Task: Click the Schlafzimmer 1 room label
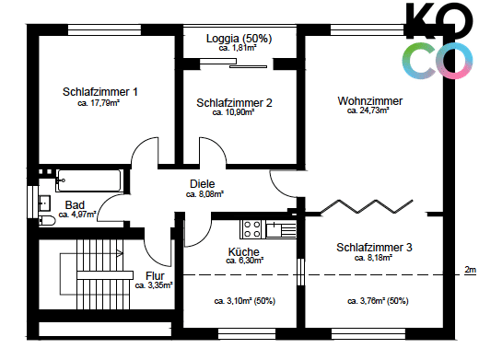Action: click(x=99, y=92)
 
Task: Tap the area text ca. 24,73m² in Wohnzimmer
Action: click(x=368, y=110)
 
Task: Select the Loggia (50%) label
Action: click(x=239, y=39)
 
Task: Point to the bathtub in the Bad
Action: click(x=89, y=180)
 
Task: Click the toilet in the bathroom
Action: click(x=47, y=220)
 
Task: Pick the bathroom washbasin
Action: click(x=45, y=203)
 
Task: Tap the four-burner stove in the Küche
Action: click(x=252, y=229)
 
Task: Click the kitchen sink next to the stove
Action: click(x=281, y=229)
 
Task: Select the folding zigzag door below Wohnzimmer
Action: click(x=367, y=206)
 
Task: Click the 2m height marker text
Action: click(x=470, y=270)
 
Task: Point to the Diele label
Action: click(x=203, y=184)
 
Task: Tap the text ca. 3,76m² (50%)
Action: click(x=378, y=301)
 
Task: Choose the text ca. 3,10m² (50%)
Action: click(x=245, y=301)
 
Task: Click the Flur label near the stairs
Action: click(x=155, y=275)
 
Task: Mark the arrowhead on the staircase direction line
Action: click(x=120, y=253)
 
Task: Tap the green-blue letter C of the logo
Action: click(x=419, y=61)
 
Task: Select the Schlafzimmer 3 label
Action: click(x=374, y=248)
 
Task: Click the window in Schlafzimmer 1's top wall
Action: click(x=104, y=30)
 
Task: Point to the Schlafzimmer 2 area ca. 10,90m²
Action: click(x=233, y=112)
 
